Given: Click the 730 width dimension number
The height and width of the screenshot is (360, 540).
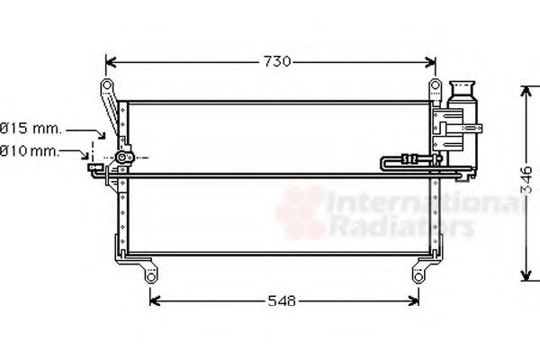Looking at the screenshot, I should (276, 61).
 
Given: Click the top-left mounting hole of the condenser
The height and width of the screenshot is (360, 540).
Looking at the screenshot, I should (106, 86).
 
